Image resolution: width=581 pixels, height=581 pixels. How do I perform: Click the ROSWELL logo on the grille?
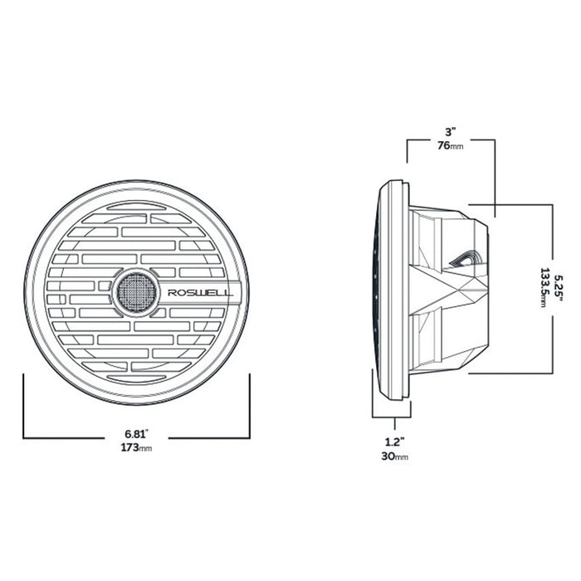tap(200, 292)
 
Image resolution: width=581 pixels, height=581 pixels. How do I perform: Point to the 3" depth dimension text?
tap(449, 132)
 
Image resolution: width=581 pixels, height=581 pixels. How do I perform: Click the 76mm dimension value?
tap(449, 145)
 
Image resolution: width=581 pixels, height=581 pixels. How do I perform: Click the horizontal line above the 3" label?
tap(451, 140)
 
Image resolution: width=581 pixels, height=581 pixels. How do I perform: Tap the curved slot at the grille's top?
tap(137, 205)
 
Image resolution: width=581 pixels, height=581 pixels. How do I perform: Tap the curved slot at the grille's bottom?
tap(137, 378)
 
